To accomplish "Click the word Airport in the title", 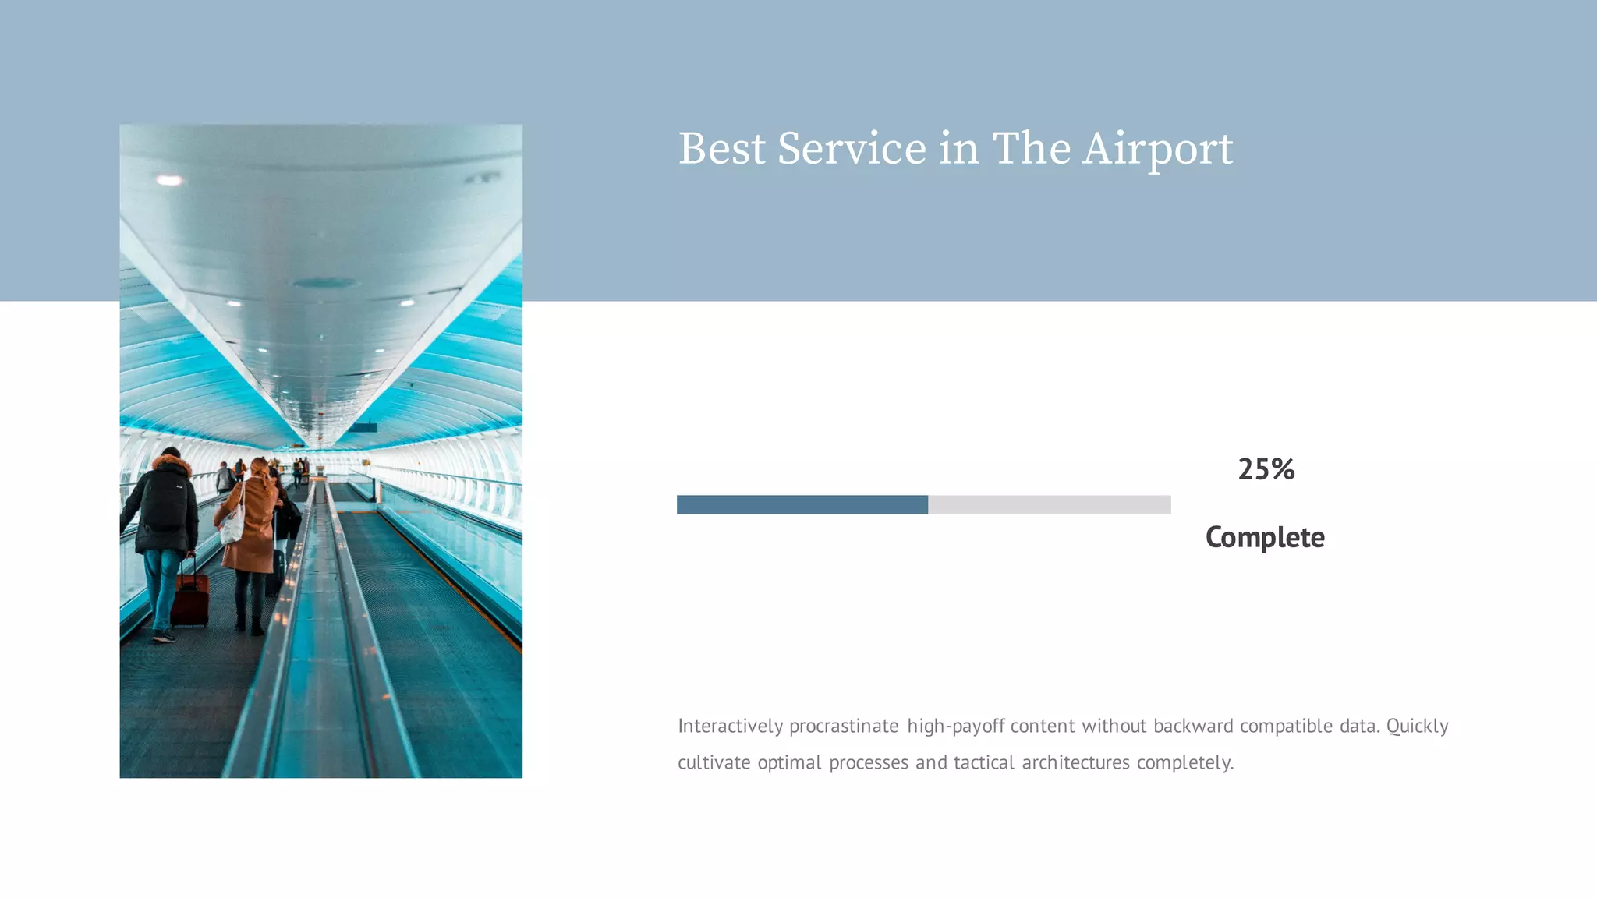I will click(x=1157, y=149).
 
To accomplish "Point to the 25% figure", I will click(x=1266, y=469).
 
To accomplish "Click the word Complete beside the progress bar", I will click(x=1265, y=537).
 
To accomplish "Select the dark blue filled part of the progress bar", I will click(x=802, y=504).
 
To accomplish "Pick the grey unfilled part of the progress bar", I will click(x=1049, y=504).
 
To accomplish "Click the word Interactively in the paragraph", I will click(x=730, y=726).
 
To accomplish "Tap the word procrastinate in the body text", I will click(x=844, y=726).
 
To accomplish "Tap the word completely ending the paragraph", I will click(x=1184, y=762).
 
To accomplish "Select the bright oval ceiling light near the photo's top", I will click(x=169, y=180).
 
